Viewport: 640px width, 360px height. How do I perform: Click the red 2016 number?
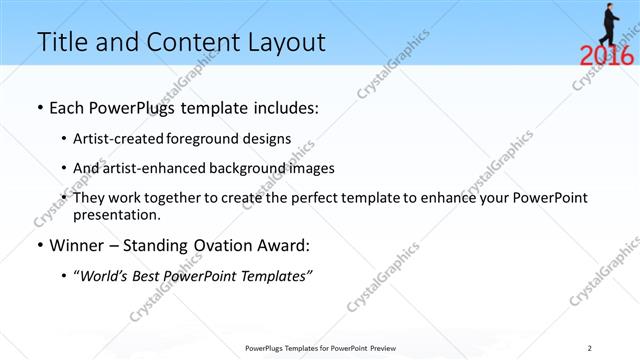pos(606,56)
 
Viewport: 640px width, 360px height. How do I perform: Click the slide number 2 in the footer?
pos(589,348)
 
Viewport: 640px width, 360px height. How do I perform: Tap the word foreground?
pos(215,139)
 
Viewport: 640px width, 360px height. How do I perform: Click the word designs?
pos(270,139)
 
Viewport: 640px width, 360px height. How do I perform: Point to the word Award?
pos(281,245)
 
